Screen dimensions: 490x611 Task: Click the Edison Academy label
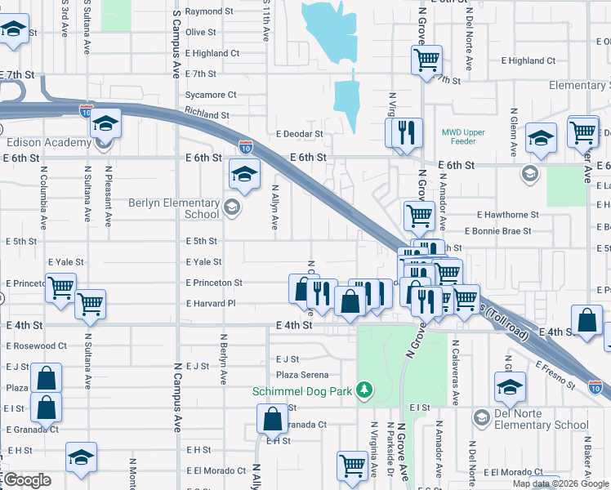pyautogui.click(x=48, y=143)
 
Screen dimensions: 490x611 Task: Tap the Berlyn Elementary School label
pyautogui.click(x=173, y=208)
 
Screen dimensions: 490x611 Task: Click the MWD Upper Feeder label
pyautogui.click(x=463, y=136)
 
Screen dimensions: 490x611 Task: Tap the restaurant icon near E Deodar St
pyautogui.click(x=406, y=133)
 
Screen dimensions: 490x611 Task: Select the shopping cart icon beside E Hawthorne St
pyautogui.click(x=419, y=216)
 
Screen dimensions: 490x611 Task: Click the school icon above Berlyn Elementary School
pyautogui.click(x=243, y=173)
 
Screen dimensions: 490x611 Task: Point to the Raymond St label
pyautogui.click(x=204, y=11)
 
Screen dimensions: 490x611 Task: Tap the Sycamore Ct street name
pyautogui.click(x=211, y=95)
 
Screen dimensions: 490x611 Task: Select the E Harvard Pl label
pyautogui.click(x=211, y=304)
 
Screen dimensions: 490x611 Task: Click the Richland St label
pyautogui.click(x=207, y=114)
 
